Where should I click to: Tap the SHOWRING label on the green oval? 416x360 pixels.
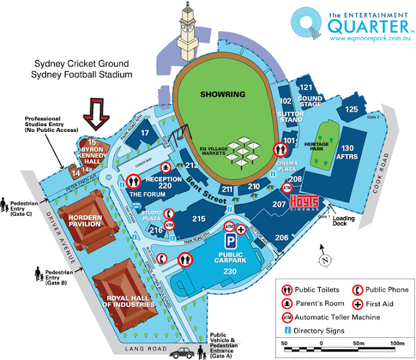(224, 94)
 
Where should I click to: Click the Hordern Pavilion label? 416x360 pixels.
(81, 220)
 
